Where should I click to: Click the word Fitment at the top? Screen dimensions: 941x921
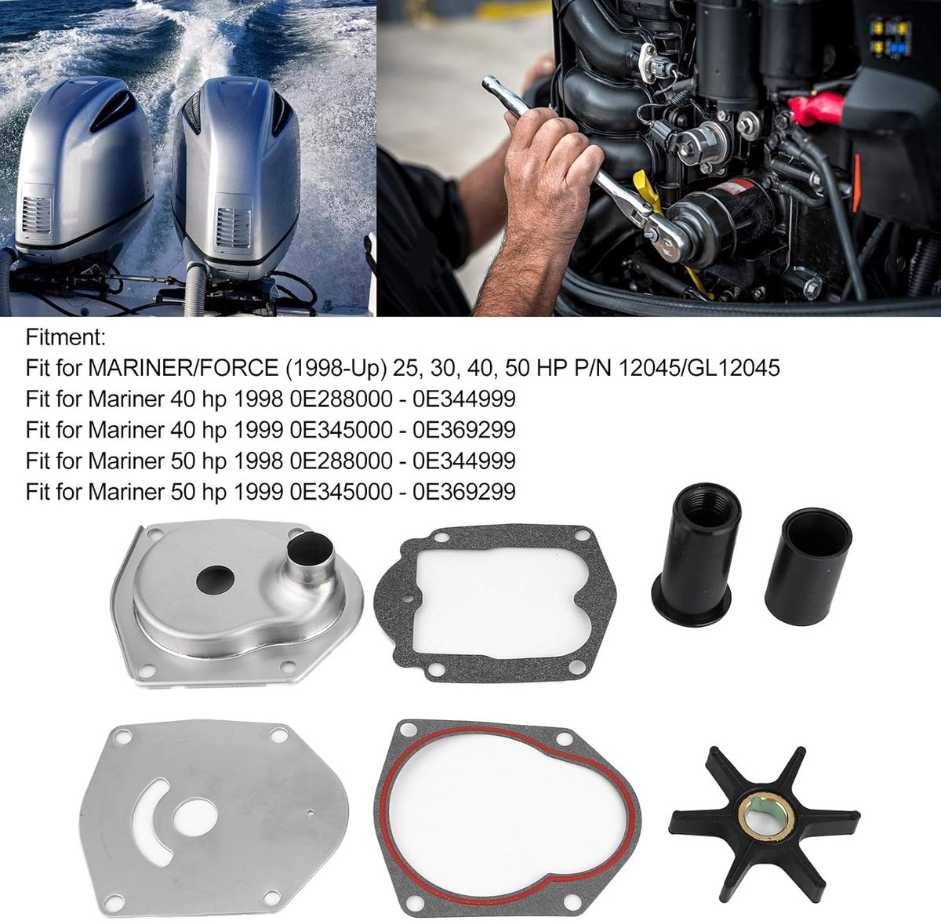click(x=65, y=337)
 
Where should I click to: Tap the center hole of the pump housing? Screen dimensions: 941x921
click(x=215, y=580)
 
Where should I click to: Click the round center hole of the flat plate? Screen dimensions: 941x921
click(x=195, y=818)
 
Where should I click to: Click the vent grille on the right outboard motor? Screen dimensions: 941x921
click(x=234, y=228)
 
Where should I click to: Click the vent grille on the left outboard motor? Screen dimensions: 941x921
click(x=37, y=214)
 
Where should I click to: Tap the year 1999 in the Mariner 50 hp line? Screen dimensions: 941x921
click(x=258, y=492)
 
